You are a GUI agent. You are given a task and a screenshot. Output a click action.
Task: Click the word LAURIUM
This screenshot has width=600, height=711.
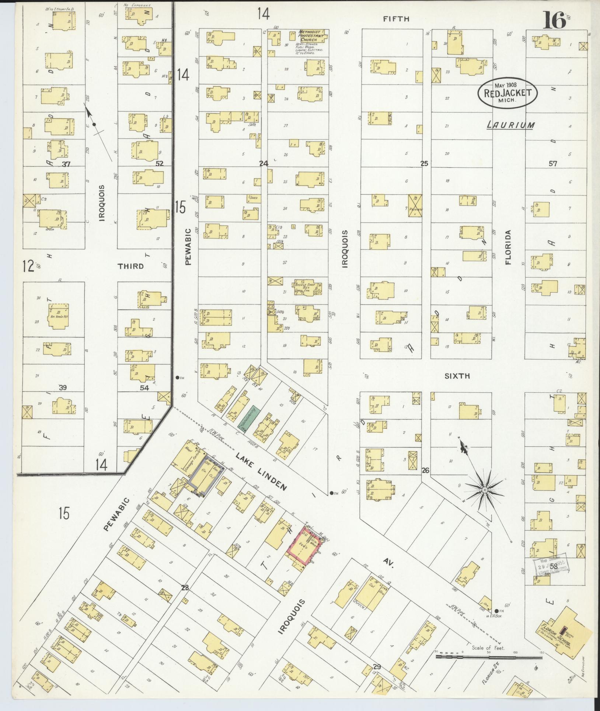[x=511, y=125]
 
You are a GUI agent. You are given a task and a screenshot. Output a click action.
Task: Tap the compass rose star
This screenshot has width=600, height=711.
[x=485, y=490]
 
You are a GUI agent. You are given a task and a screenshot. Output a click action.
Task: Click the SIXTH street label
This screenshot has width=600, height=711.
[x=457, y=376]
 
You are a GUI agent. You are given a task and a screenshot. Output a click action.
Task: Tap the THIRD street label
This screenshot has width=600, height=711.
[x=130, y=266]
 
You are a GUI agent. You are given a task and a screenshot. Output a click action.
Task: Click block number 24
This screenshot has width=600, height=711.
[x=264, y=163]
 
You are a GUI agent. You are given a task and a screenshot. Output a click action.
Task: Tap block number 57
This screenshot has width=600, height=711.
[x=552, y=163]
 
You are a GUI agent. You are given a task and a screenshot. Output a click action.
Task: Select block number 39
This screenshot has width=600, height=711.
[x=63, y=387]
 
